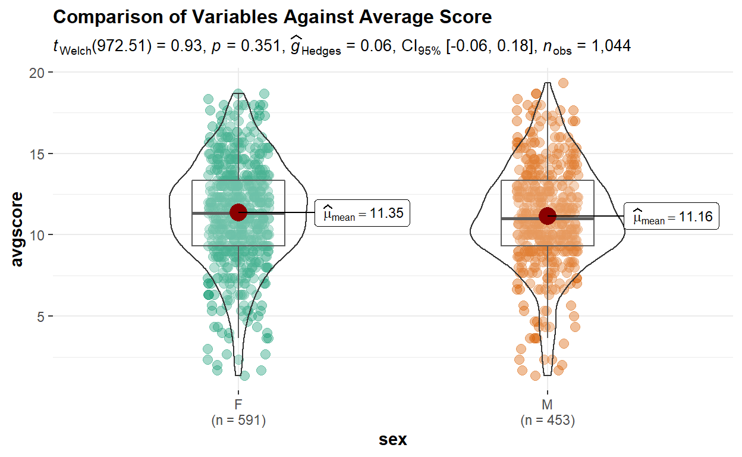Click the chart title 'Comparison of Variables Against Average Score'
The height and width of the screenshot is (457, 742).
pos(272,17)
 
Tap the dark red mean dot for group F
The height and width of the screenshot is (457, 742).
pos(238,212)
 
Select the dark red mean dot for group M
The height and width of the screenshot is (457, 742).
pos(548,216)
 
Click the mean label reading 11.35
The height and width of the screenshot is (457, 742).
pos(363,213)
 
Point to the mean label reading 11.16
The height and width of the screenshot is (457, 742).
pos(672,217)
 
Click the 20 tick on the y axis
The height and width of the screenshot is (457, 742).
pos(37,73)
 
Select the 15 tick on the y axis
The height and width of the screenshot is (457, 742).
pos(37,154)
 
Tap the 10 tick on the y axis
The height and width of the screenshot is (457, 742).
pos(37,235)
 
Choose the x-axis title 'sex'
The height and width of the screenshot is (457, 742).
pos(393,440)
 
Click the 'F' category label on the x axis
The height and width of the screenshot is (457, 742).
pos(238,405)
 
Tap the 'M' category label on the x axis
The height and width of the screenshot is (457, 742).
pos(548,405)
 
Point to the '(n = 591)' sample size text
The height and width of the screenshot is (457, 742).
pos(238,421)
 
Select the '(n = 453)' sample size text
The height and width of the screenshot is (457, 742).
pos(548,421)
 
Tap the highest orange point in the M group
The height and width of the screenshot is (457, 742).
pos(563,83)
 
